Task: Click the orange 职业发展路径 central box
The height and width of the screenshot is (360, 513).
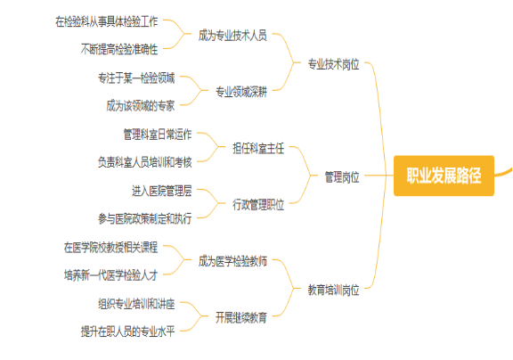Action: point(444,176)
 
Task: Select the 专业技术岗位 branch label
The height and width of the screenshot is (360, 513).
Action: point(333,64)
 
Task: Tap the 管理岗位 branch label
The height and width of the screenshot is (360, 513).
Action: point(342,177)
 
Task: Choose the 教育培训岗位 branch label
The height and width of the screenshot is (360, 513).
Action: point(333,290)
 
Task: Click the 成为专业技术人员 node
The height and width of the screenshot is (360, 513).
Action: point(232,36)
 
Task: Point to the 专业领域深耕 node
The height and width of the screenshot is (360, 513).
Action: point(241,92)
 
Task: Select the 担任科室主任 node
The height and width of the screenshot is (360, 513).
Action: point(258,149)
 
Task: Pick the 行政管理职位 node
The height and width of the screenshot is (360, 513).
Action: point(258,205)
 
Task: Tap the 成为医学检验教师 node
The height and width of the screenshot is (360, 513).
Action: point(232,261)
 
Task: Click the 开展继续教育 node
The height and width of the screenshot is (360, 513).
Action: point(241,318)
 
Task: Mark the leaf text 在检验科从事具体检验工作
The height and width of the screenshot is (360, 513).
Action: point(107,21)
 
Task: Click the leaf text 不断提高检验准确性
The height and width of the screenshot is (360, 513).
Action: point(119,49)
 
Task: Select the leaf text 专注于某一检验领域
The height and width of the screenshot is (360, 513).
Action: point(136,78)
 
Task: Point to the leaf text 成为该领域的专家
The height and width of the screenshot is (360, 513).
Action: point(141,106)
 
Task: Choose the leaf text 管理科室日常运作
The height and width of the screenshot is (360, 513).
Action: point(158,135)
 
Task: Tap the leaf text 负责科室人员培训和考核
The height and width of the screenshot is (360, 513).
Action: point(145,162)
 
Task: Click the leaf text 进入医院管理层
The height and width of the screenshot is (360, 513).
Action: point(162,191)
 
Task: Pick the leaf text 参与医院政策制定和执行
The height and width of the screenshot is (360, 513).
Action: point(145,218)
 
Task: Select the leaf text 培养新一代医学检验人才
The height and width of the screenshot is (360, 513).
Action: point(111,275)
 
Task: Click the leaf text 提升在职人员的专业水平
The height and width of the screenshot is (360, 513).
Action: point(128,331)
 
